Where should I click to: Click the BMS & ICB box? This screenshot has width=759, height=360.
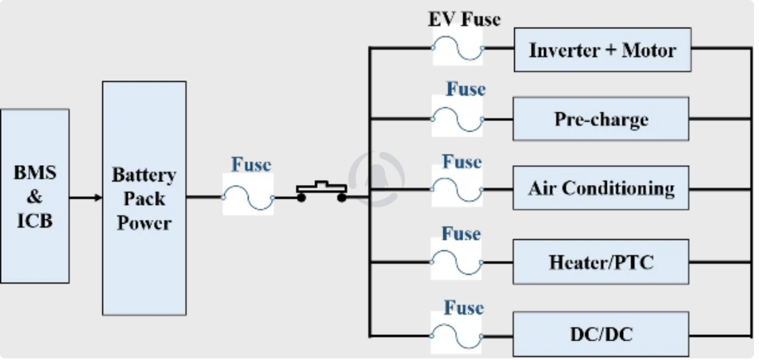(x=35, y=197)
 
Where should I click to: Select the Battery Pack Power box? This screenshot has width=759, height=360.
(x=144, y=197)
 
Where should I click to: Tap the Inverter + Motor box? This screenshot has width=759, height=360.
(x=602, y=50)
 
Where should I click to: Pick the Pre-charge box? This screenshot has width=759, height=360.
(x=601, y=119)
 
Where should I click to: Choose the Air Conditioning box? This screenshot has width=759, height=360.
(x=601, y=188)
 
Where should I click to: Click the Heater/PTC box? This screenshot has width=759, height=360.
(x=601, y=263)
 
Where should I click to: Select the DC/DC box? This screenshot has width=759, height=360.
(x=601, y=334)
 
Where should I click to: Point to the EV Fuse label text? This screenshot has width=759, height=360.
(x=464, y=19)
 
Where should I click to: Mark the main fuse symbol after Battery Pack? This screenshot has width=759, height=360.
(x=248, y=197)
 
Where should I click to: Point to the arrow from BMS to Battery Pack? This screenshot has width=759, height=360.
(x=85, y=197)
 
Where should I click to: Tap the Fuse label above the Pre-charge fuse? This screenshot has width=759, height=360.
(x=465, y=89)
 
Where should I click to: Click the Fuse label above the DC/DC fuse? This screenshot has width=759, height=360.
(x=463, y=309)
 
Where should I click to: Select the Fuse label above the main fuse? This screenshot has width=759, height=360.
(x=251, y=164)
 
